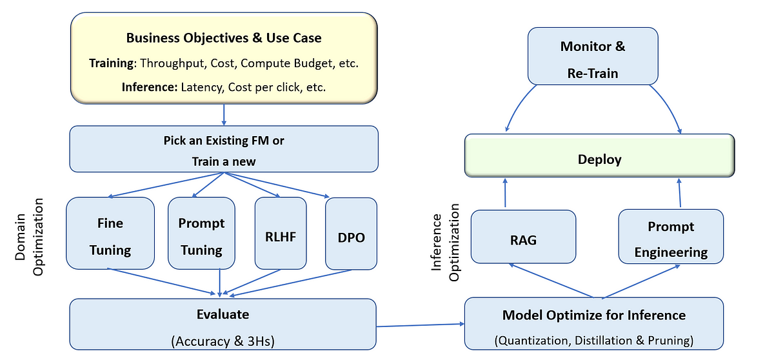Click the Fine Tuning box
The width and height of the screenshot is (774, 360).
tap(110, 233)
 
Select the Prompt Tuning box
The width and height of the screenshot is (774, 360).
tap(201, 233)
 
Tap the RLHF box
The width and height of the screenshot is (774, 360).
tap(281, 233)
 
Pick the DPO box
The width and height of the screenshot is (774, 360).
tap(351, 234)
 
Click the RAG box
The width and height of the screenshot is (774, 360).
tap(523, 237)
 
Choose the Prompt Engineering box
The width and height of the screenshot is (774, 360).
tap(671, 236)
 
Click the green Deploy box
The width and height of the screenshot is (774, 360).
tap(599, 155)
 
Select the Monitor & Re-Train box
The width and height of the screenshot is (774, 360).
tap(593, 56)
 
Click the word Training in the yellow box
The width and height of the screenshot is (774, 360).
tap(111, 63)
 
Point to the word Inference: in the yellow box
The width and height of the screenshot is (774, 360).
tap(150, 87)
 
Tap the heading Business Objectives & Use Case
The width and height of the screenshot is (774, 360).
tap(224, 38)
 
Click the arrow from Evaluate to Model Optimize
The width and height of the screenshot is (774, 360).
tap(420, 325)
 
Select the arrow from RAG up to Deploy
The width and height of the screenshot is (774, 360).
tap(505, 193)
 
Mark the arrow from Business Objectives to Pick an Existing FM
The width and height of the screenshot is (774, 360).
tap(224, 115)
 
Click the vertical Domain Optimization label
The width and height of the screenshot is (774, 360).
tap(29, 237)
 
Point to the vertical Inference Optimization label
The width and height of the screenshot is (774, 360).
tap(446, 242)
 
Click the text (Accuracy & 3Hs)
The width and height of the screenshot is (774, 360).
tap(223, 341)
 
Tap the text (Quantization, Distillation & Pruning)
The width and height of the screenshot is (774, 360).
tap(594, 340)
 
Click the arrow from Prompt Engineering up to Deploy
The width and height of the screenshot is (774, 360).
tap(680, 193)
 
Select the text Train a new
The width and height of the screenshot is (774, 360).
tap(224, 161)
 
